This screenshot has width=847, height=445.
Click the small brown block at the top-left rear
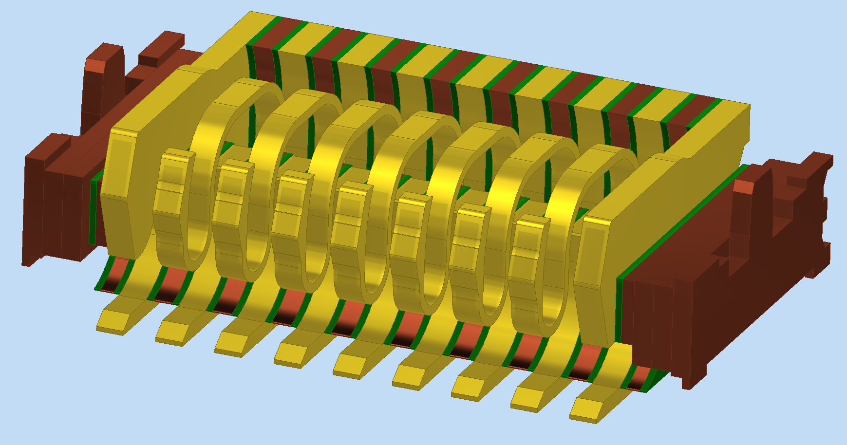pos(161,49)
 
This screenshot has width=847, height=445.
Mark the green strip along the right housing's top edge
pos(682,224)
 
